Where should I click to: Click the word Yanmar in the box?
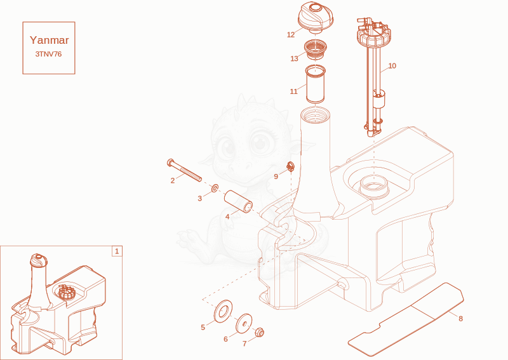click(50, 40)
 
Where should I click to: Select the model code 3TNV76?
click(49, 54)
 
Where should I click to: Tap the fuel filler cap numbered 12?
click(315, 17)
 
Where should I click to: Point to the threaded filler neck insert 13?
click(315, 50)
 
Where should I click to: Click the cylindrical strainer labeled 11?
click(315, 84)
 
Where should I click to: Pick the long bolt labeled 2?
click(184, 170)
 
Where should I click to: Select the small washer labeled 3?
click(215, 187)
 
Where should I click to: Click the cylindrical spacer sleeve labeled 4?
click(239, 201)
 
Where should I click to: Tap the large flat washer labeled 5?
click(224, 312)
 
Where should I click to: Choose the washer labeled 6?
click(244, 323)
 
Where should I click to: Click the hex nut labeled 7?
click(260, 332)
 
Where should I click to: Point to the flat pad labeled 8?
click(406, 319)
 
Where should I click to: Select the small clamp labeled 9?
click(291, 167)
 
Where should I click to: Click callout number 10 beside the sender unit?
click(392, 66)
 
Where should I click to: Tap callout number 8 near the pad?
click(461, 319)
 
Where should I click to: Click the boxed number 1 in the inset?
click(117, 251)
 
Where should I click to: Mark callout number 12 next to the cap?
click(291, 35)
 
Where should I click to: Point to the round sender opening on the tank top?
click(374, 186)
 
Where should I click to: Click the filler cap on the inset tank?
click(39, 260)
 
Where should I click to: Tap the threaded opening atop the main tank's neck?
click(315, 116)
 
